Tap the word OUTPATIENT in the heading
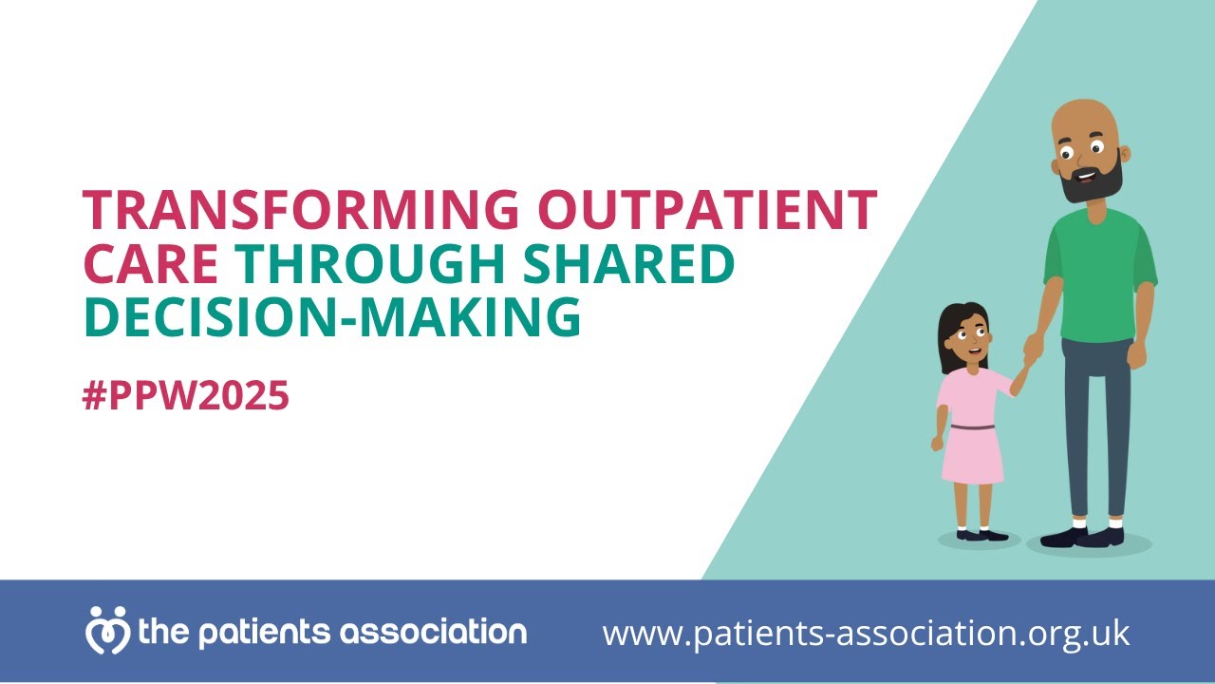click(706, 209)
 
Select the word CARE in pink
click(151, 265)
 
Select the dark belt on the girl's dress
click(972, 427)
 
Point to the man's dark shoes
click(1082, 537)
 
